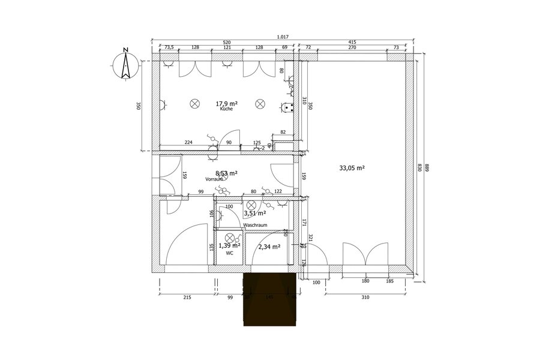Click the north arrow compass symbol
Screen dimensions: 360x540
click(125, 65)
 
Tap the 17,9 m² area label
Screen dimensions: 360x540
click(226, 103)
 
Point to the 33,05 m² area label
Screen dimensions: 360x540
click(352, 169)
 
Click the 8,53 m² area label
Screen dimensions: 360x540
click(226, 173)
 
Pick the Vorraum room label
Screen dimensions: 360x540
click(214, 179)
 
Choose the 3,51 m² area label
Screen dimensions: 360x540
click(254, 212)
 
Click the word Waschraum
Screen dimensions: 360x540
click(255, 225)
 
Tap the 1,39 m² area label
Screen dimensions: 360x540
click(229, 245)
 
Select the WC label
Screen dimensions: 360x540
click(229, 254)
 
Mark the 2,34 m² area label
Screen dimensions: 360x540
click(269, 246)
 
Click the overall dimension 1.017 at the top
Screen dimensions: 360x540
click(283, 37)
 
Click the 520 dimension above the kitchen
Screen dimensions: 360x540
click(227, 43)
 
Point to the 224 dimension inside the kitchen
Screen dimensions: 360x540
click(188, 143)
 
